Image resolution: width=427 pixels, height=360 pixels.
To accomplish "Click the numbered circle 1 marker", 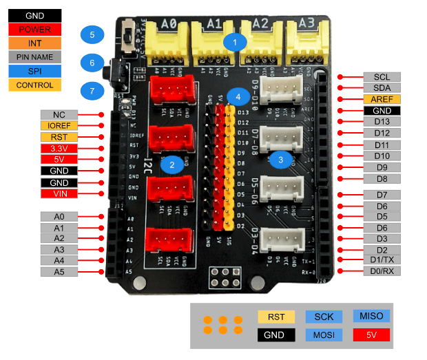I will point(235,41).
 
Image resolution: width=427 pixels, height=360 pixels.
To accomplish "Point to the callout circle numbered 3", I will point(280,159).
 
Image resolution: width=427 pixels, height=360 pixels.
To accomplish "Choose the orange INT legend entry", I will point(34,43).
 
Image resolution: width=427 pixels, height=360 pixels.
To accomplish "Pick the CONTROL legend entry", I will point(34,85).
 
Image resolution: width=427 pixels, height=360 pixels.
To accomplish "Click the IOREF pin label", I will point(59,126).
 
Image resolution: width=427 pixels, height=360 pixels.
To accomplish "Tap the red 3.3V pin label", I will point(59,148).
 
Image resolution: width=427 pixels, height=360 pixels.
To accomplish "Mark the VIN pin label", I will point(59,193).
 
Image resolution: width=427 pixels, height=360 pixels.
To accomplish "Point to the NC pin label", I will point(59,114).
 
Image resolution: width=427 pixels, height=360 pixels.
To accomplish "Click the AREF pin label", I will point(382,99).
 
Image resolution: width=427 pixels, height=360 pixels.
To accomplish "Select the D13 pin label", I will point(382,122).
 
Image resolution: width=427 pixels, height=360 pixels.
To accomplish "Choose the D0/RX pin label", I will point(382,271).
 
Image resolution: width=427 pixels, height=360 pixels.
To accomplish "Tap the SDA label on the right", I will point(382,88).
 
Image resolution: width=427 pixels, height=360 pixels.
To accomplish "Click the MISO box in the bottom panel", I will point(371,315).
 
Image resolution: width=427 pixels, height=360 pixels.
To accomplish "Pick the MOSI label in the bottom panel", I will point(324,335).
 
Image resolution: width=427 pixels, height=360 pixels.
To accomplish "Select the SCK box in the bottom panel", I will point(324,316).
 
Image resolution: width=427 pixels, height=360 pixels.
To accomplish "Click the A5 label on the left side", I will point(59,272).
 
